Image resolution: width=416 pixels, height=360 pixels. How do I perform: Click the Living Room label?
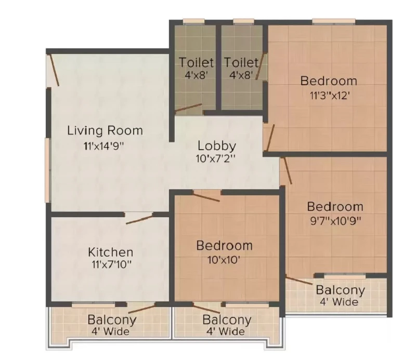coord(105,130)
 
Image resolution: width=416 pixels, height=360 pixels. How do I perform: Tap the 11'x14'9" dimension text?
coord(104,146)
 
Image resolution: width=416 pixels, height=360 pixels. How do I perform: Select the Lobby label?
coord(217,146)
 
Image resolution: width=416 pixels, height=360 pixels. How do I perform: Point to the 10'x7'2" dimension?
coord(216,158)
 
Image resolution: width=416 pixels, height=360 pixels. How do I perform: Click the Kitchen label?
coord(111,252)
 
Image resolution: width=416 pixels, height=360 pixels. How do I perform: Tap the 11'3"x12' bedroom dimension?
coord(329,95)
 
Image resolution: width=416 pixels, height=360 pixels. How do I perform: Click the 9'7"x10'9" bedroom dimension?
coord(335,221)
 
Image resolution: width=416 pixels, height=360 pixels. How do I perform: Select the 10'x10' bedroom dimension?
coord(224,260)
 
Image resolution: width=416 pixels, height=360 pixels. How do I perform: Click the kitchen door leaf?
coord(139,219)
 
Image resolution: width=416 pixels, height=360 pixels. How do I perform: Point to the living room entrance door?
coord(54,70)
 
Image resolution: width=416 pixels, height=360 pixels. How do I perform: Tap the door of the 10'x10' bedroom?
coord(206,197)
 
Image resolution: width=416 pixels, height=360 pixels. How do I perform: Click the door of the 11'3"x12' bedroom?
coord(270,138)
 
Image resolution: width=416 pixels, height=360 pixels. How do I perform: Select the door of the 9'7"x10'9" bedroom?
coord(287,170)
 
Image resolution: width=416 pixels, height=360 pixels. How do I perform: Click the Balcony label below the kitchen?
coord(112,319)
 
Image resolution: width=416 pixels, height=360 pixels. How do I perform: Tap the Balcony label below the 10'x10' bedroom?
coord(227,319)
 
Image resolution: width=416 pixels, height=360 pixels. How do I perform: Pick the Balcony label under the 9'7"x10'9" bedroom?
coord(341,290)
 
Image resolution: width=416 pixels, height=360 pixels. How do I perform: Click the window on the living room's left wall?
coord(48,170)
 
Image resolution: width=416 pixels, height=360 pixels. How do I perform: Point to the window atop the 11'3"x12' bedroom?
coord(334,22)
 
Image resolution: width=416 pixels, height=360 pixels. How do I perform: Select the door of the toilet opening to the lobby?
coord(188,108)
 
